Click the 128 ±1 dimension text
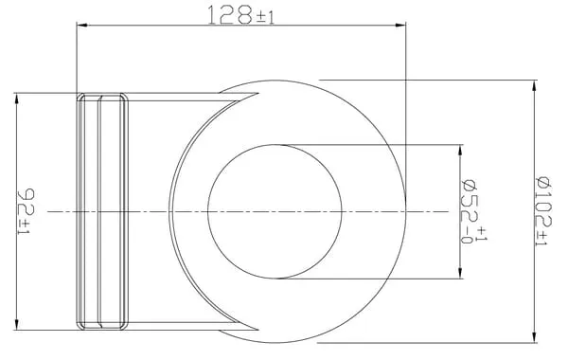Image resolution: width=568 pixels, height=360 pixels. (x=240, y=15)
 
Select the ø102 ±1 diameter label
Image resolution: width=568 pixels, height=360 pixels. (x=543, y=211)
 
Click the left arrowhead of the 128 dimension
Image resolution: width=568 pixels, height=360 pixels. (x=81, y=25)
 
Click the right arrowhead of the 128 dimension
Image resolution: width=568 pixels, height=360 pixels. (x=400, y=25)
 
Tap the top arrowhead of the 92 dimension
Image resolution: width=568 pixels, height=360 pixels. (x=16, y=99)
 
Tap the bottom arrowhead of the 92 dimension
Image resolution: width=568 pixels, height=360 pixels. (x=16, y=324)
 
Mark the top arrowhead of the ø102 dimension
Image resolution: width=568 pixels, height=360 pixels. (x=534, y=85)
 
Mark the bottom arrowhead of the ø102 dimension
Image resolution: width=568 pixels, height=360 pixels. (x=534, y=337)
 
